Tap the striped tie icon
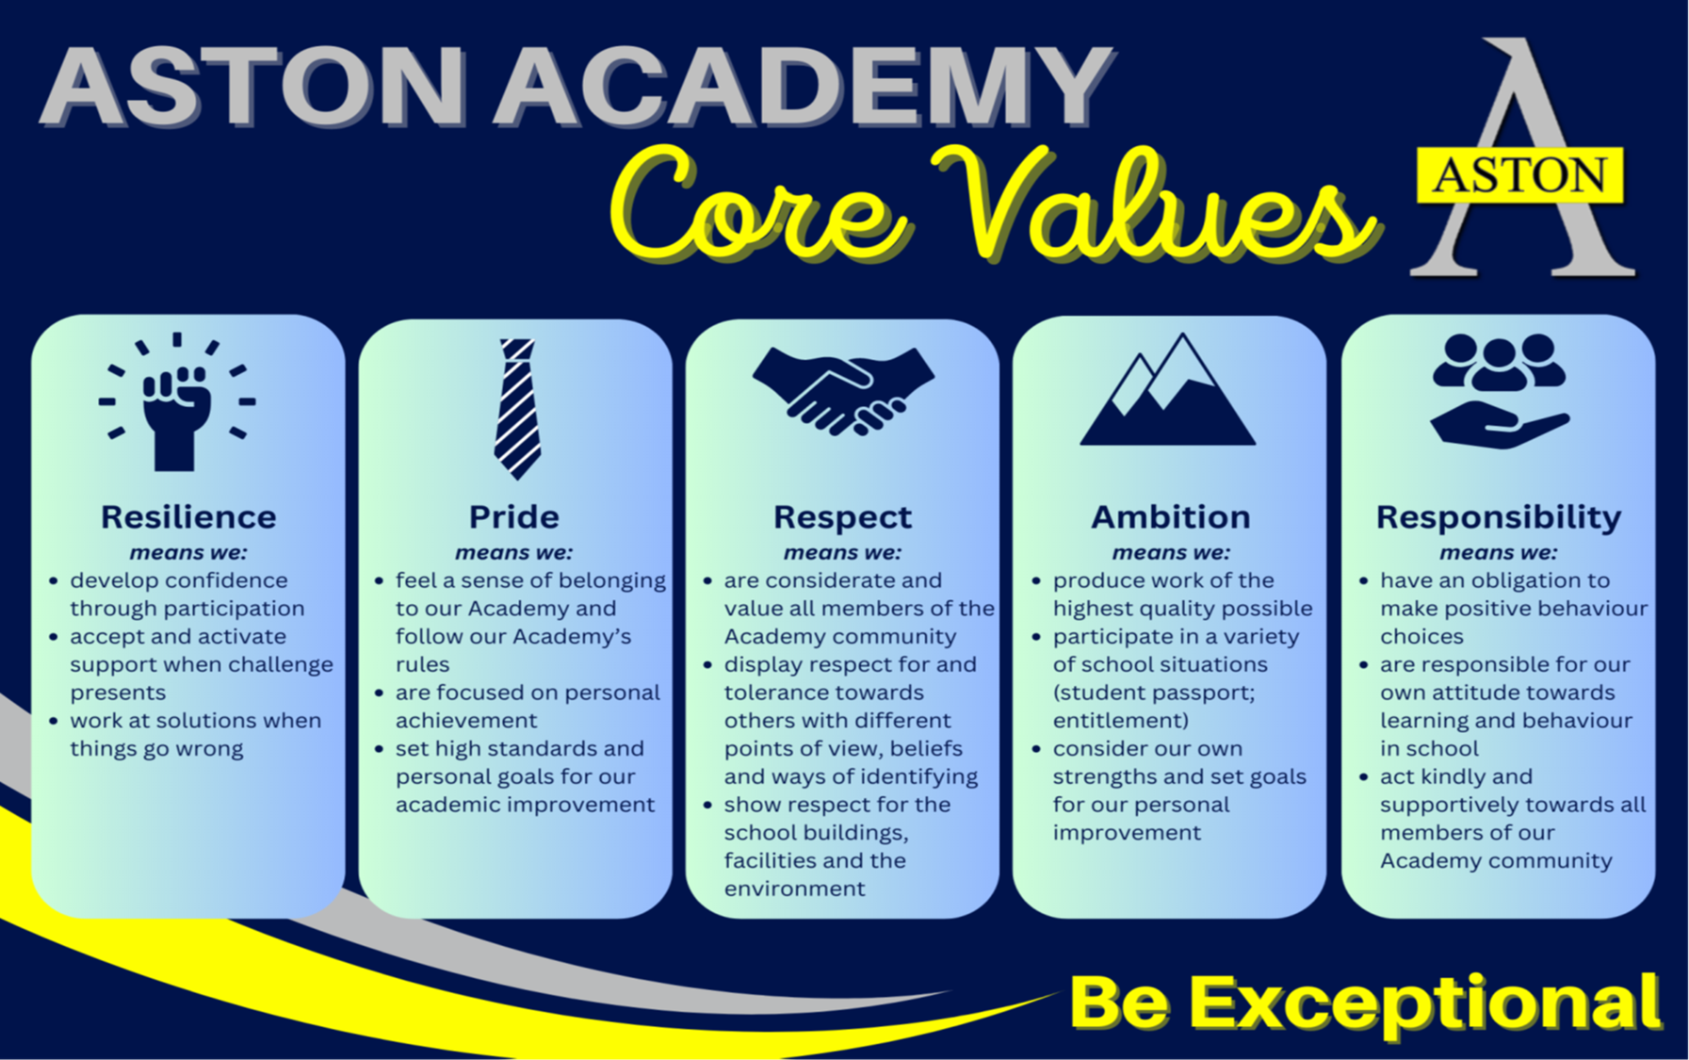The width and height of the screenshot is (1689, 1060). (x=517, y=409)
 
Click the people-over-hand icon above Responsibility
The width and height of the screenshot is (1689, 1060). (x=1500, y=390)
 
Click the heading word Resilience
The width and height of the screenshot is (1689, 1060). (x=188, y=517)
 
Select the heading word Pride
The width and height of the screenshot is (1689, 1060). (x=514, y=517)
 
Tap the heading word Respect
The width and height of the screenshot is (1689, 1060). (x=843, y=518)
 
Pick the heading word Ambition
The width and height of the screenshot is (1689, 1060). (x=1171, y=517)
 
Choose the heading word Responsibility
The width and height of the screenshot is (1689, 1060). (x=1499, y=518)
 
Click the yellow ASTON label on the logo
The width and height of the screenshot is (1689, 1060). (x=1520, y=175)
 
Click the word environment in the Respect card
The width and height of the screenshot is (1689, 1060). (x=794, y=889)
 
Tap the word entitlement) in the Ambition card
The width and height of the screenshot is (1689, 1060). (x=1121, y=721)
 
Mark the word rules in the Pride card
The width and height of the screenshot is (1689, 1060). (x=422, y=664)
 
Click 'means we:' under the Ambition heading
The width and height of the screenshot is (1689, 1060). (x=1171, y=553)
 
